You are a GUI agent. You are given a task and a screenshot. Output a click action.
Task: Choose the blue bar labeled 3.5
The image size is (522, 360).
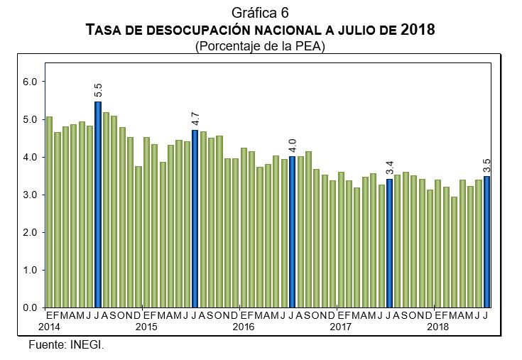point(486,241)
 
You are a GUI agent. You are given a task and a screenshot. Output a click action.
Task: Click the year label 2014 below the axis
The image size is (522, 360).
point(49,327)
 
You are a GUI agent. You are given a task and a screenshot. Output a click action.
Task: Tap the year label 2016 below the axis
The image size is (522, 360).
point(244,327)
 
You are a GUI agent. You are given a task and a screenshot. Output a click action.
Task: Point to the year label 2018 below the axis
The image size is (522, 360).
point(437,327)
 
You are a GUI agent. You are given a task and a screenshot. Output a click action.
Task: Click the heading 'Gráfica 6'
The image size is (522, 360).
point(260,12)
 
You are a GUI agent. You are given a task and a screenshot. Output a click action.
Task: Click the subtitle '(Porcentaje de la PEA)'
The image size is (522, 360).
point(260,45)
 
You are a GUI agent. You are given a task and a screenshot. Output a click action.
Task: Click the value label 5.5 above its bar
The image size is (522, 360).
point(98,90)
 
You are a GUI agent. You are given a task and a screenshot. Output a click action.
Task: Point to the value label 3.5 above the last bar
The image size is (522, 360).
point(486,165)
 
